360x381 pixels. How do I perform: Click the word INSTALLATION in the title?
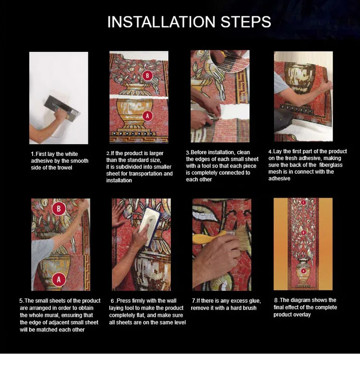tap(161, 22)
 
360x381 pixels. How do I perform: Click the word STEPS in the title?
tap(246, 22)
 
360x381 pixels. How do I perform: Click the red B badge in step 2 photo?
tap(147, 75)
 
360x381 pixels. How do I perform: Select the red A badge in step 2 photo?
tap(147, 116)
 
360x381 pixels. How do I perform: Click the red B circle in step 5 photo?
tap(59, 209)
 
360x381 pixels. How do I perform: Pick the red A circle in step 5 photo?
tap(59, 279)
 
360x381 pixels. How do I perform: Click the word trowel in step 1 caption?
tap(64, 167)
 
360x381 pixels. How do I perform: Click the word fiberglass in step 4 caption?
tap(331, 165)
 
